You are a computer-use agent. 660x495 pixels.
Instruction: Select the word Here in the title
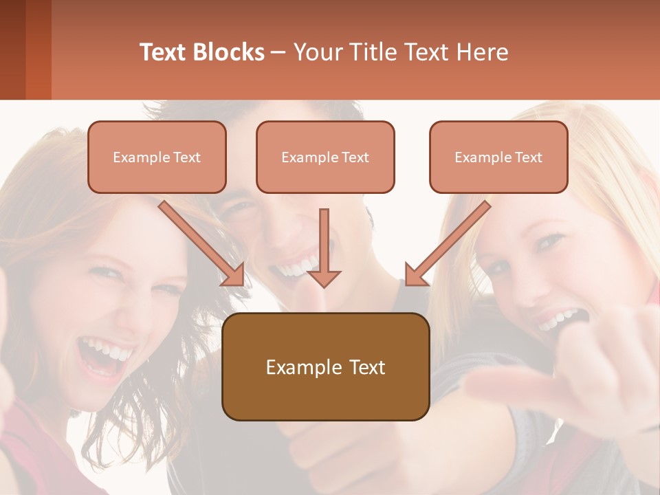pyautogui.click(x=481, y=52)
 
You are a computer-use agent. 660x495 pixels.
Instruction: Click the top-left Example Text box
pyautogui.click(x=157, y=157)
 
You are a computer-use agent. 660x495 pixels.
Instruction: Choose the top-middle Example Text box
pyautogui.click(x=325, y=157)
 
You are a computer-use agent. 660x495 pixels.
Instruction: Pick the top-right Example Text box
pyautogui.click(x=498, y=157)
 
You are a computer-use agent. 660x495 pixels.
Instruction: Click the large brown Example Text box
pyautogui.click(x=325, y=367)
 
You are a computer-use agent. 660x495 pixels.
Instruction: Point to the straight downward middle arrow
pyautogui.click(x=324, y=247)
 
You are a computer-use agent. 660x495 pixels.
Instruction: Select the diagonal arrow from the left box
pyautogui.click(x=202, y=244)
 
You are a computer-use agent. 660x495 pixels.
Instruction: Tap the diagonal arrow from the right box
pyautogui.click(x=447, y=244)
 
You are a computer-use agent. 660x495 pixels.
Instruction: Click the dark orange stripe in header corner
pyautogui.click(x=38, y=49)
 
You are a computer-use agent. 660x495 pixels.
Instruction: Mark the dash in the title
pyautogui.click(x=278, y=52)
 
